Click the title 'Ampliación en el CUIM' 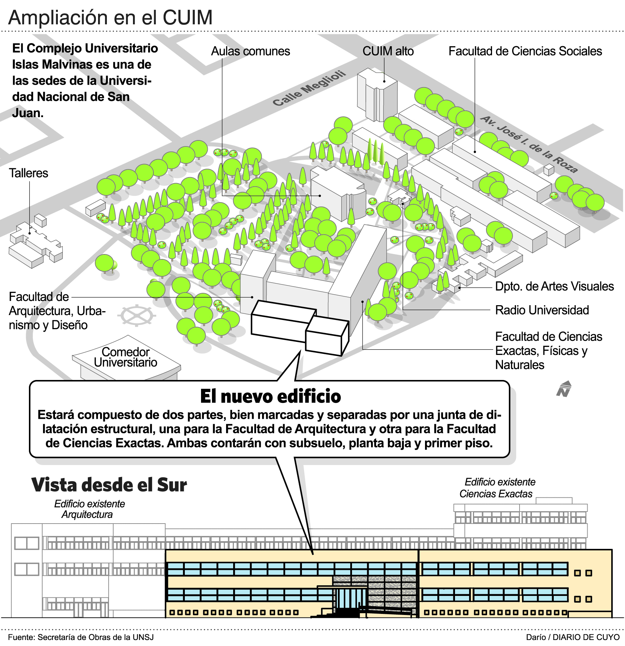click(110, 18)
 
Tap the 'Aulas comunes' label click(250, 52)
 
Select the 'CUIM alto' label click(388, 52)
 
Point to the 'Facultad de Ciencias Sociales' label click(525, 52)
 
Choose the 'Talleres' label click(28, 173)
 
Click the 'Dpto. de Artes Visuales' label click(554, 286)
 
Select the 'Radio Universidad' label click(542, 310)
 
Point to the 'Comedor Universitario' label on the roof click(126, 357)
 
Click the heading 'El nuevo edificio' click(271, 396)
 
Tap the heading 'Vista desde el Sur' click(109, 485)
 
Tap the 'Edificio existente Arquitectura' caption click(89, 509)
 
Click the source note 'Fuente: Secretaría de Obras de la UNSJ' click(81, 637)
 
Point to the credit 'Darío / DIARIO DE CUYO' click(572, 637)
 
